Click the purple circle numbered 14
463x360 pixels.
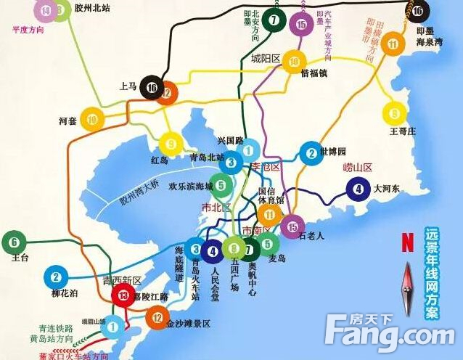[x=47, y=10]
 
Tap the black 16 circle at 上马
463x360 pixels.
[x=151, y=87]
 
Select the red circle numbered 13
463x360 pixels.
[x=123, y=295]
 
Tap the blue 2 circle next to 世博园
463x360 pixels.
[x=311, y=152]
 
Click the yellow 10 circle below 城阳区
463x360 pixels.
[x=293, y=62]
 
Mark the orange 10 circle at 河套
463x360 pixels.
[x=91, y=120]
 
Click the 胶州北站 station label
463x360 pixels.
[x=91, y=9]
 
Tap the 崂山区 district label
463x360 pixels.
[x=357, y=168]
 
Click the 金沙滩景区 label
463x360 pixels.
[x=188, y=324]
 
